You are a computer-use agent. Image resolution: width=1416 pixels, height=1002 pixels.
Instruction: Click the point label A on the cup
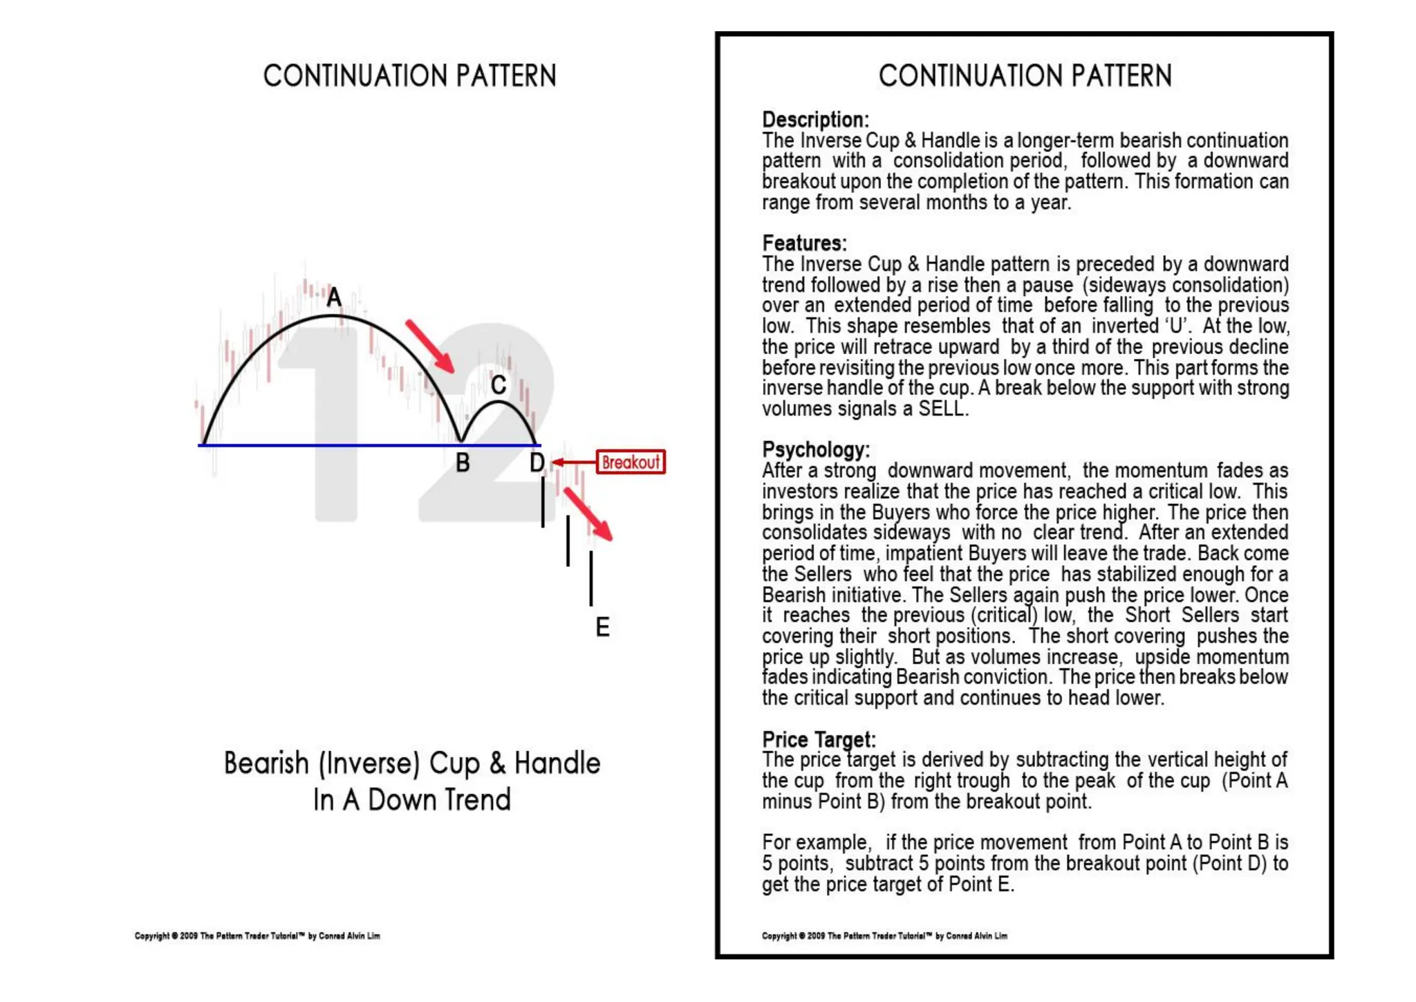coord(334,297)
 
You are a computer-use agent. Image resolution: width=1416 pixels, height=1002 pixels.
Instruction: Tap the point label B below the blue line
coord(463,463)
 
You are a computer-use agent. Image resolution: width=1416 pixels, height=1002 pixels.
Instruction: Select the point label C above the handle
coord(498,385)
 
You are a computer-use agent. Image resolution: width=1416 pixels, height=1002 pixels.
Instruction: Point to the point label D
coord(537,463)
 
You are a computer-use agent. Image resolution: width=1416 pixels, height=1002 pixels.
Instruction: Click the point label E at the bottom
coord(602,627)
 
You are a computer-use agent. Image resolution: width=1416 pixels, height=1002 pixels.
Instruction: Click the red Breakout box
coord(631,462)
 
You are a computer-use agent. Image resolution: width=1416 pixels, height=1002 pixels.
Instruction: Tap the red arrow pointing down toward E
coord(588,514)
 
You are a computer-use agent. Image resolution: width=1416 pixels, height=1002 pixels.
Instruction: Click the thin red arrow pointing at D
coord(573,462)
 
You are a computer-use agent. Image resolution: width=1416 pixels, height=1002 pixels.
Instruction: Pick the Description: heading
coord(815,120)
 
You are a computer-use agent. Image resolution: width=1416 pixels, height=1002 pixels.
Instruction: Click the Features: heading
coord(804,243)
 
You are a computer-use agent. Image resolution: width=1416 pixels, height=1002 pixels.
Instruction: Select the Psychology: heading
coord(816,449)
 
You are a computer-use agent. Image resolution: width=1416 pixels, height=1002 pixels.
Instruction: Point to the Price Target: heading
coord(819,739)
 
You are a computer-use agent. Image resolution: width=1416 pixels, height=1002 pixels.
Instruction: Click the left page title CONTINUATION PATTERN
coord(409,76)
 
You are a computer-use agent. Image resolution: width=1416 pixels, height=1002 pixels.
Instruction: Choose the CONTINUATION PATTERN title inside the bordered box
coord(1025,76)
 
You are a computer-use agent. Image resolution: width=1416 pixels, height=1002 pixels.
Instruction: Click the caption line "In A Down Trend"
coord(411,800)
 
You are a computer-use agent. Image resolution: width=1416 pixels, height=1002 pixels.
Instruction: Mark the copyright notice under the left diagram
coord(257,936)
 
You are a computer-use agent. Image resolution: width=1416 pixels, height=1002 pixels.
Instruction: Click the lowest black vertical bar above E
coord(591,578)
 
